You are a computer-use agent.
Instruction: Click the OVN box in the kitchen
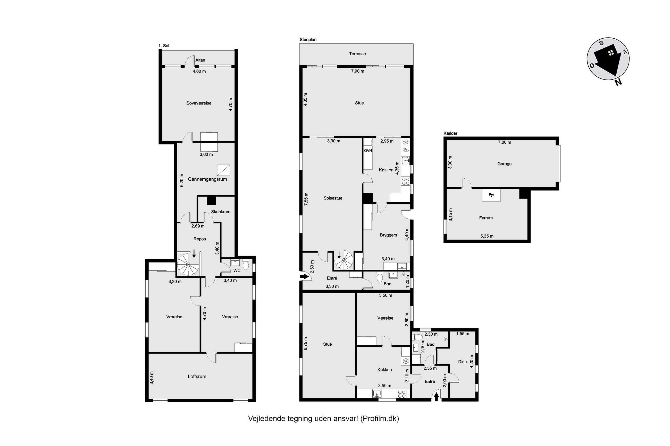tap(368, 151)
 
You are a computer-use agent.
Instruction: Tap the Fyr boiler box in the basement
tap(491, 195)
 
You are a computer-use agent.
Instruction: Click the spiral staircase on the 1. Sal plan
tap(188, 264)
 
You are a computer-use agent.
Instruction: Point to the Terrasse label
tap(357, 54)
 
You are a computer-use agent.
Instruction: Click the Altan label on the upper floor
tap(200, 60)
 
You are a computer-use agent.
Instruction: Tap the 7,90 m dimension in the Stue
tap(358, 71)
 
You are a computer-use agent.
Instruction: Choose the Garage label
tap(504, 164)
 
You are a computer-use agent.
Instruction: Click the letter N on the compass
tap(618, 83)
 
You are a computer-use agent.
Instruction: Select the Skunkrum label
tap(221, 212)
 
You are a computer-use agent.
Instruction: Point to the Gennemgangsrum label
tap(207, 179)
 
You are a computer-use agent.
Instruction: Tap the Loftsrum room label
tap(197, 376)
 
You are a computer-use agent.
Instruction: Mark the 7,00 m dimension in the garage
tap(504, 142)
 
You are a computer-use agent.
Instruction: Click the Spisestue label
tap(333, 198)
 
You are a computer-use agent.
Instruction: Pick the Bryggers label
tap(388, 235)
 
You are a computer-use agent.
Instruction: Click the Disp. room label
tap(463, 362)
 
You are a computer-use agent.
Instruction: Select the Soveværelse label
tap(199, 103)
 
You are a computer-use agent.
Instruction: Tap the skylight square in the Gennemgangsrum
tap(223, 170)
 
